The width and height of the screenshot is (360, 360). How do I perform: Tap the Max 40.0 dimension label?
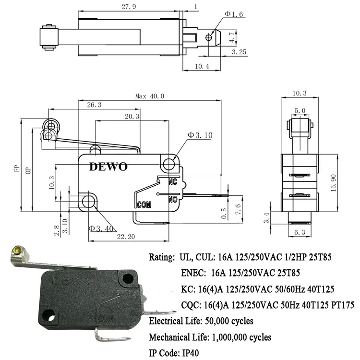pyautogui.click(x=149, y=96)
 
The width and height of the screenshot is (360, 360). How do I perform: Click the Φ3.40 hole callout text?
pyautogui.click(x=101, y=228)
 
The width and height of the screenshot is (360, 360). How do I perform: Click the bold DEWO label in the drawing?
pyautogui.click(x=108, y=167)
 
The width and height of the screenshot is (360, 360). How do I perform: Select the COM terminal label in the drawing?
pyautogui.click(x=144, y=205)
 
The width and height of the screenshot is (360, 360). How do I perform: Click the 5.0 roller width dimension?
pyautogui.click(x=300, y=111)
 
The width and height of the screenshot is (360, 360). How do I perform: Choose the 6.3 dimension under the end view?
pyautogui.click(x=300, y=233)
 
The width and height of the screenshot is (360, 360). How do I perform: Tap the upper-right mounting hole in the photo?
pyautogui.click(x=128, y=278)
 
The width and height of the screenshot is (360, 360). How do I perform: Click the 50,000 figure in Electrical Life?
pyautogui.click(x=211, y=321)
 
